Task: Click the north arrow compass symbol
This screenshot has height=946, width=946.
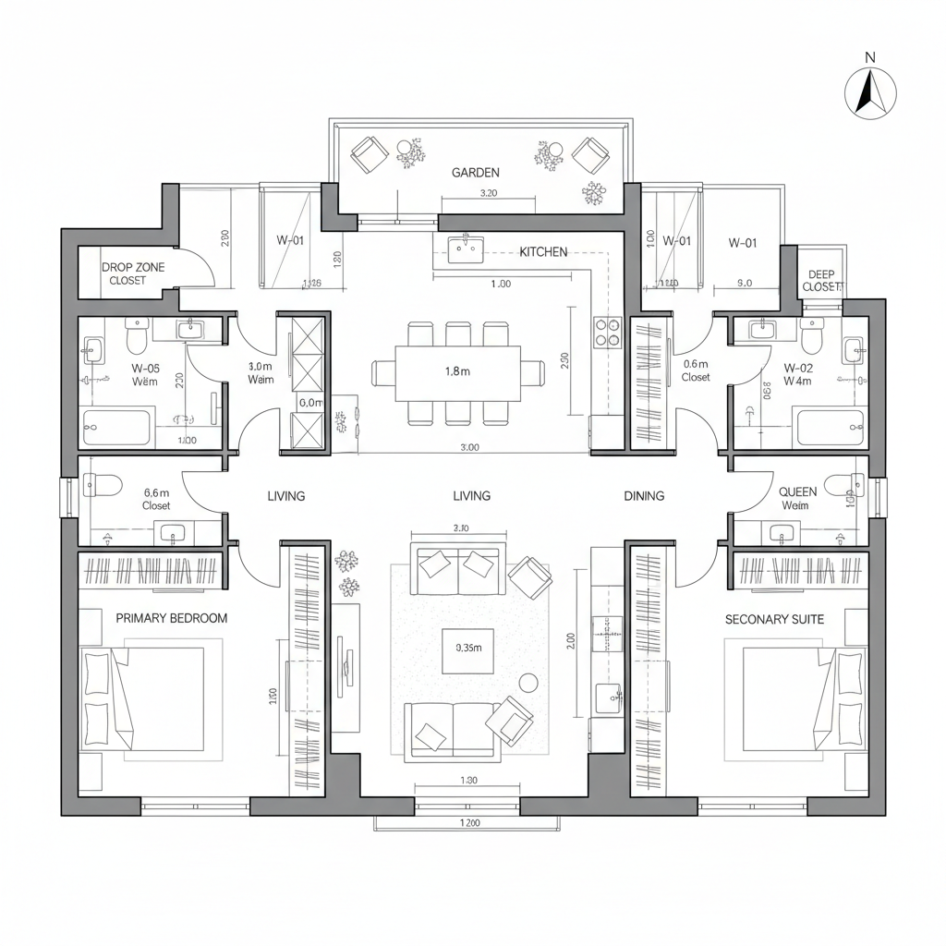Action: point(870,93)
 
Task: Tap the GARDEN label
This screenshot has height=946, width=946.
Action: point(476,173)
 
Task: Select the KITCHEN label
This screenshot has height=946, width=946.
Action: point(543,251)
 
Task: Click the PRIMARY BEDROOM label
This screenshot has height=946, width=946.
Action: point(171,618)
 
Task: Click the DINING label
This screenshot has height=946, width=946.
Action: point(644,496)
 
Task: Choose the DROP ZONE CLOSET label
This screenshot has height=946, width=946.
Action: point(133,273)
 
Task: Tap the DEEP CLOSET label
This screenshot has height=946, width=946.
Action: point(820,281)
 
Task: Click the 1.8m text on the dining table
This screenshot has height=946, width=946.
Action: point(458,371)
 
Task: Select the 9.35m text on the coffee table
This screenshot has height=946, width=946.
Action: point(469,648)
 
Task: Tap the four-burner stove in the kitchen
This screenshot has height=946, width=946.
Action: point(608,333)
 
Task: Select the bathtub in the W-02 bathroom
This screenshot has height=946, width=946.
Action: point(831,428)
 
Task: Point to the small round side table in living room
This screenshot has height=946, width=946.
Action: point(529,683)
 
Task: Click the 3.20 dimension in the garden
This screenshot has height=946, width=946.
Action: point(490,194)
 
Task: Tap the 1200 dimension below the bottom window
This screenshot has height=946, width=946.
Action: point(470,823)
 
